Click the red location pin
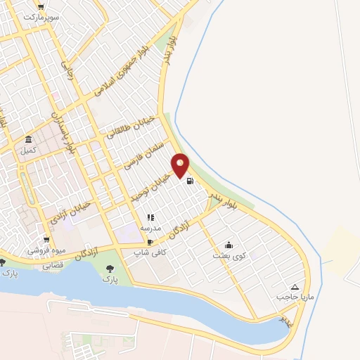click(181, 165)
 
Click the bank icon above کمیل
click(28, 139)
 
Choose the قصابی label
click(53, 266)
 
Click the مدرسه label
click(150, 229)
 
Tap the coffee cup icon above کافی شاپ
click(150, 242)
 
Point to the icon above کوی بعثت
click(229, 245)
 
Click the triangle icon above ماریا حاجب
click(295, 287)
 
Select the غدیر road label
click(285, 319)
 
